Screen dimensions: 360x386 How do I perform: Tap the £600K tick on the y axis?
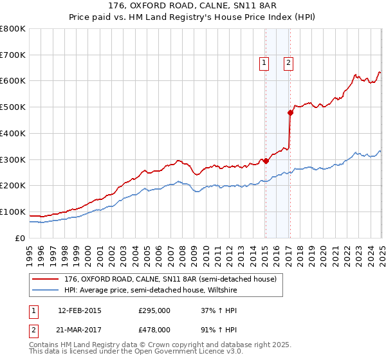pyautogui.click(x=13, y=81)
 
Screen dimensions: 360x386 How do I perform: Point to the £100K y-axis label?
pyautogui.click(x=13, y=212)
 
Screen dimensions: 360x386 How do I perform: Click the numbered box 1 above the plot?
pyautogui.click(x=264, y=62)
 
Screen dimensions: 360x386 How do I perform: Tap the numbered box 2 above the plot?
pyautogui.click(x=288, y=62)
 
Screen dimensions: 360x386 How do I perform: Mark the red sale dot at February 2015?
pyautogui.click(x=266, y=161)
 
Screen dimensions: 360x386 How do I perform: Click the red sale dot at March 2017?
pyautogui.click(x=290, y=113)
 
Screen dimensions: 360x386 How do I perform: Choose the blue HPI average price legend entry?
pyautogui.click(x=148, y=290)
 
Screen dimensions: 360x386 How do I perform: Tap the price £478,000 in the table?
pyautogui.click(x=154, y=329)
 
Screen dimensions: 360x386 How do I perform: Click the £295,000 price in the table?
pyautogui.click(x=154, y=310)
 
